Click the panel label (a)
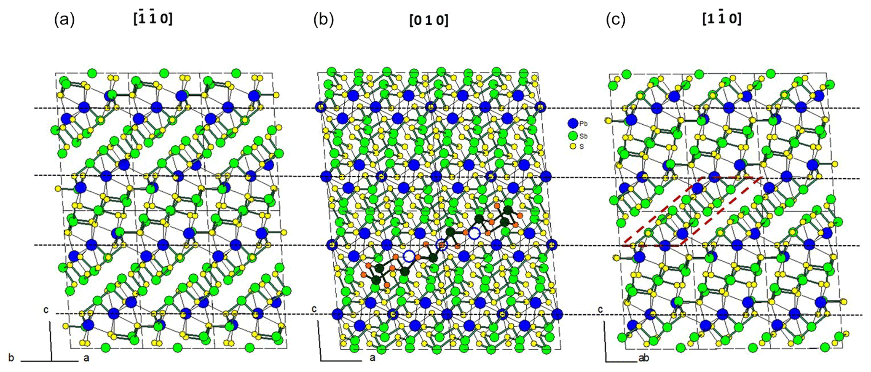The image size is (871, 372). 64,20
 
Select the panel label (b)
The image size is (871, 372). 323,20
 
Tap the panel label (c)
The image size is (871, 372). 615,20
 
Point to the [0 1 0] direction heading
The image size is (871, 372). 429,20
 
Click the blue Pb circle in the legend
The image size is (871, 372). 572,123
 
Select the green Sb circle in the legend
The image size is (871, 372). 572,136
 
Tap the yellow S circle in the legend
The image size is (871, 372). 572,147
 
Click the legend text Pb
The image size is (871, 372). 583,124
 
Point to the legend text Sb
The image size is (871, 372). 583,136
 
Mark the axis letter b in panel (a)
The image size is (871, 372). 11,358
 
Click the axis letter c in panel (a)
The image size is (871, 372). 46,310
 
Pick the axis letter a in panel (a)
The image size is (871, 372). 86,358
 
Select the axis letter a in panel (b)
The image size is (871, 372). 372,359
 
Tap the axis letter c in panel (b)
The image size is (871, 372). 314,309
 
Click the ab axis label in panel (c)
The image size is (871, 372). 643,359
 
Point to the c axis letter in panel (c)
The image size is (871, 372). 600,310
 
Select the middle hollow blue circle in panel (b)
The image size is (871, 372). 441,244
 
